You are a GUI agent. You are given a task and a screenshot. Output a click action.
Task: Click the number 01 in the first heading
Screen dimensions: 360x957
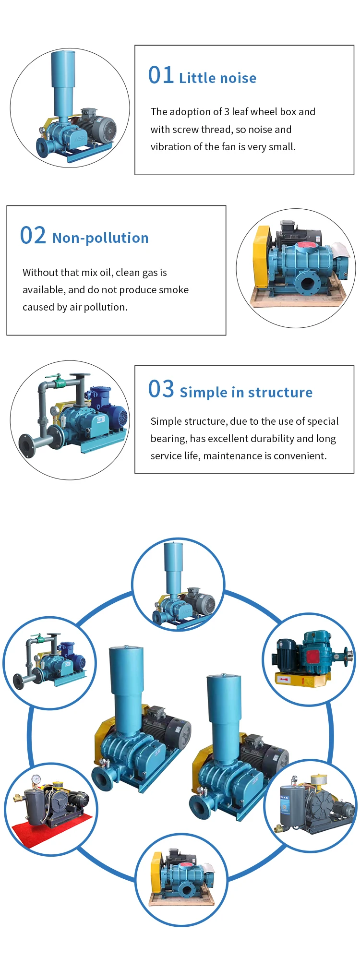(161, 76)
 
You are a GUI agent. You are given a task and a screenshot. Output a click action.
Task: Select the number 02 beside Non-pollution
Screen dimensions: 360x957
(33, 236)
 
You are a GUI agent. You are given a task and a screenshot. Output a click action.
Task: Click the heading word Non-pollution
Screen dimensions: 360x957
(100, 238)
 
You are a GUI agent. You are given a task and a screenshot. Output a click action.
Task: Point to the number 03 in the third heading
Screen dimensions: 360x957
(161, 389)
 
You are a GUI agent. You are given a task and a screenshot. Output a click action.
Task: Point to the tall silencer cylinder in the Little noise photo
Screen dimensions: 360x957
(63, 82)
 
